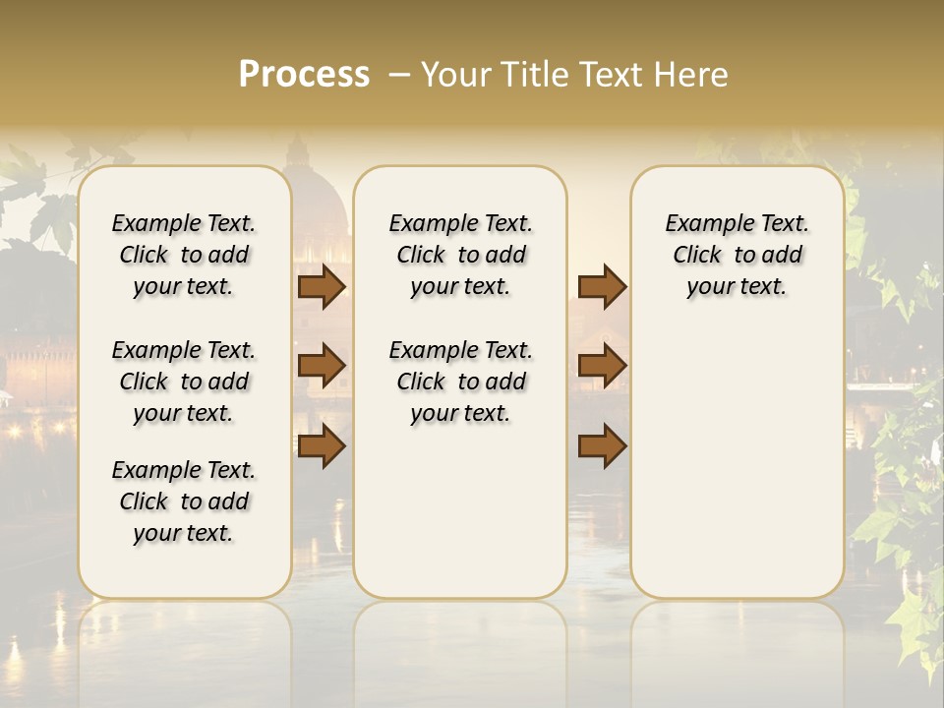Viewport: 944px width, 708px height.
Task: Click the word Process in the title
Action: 304,75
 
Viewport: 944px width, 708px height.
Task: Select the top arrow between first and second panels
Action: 322,286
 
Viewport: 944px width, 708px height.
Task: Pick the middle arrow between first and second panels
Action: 322,366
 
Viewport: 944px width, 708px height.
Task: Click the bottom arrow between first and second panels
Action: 322,446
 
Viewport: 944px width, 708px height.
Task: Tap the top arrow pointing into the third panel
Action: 602,286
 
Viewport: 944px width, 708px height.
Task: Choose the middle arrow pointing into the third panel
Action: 602,366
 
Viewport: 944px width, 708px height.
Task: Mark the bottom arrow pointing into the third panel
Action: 602,446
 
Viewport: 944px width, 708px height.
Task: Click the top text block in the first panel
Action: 184,255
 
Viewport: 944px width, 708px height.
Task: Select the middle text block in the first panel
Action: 184,382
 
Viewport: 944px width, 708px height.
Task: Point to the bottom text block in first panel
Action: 184,501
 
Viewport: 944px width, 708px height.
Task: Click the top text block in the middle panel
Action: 460,255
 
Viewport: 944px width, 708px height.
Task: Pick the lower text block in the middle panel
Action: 460,382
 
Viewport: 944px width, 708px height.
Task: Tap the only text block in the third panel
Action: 737,255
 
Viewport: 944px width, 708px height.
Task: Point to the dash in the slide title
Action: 399,75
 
